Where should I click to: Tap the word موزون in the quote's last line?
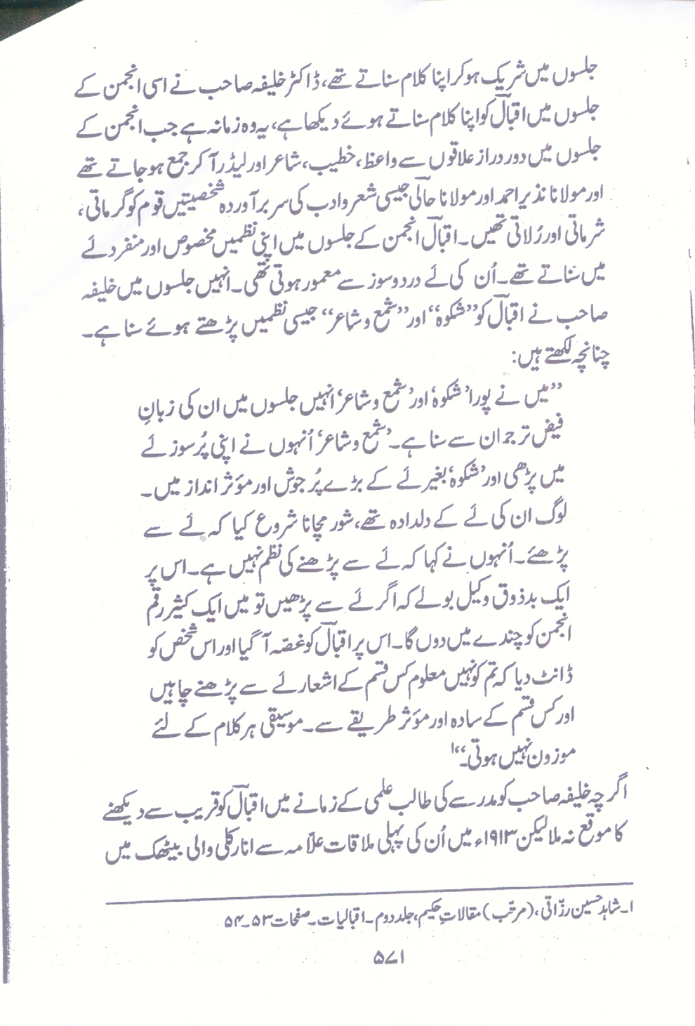545,759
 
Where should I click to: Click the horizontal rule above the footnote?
372,882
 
